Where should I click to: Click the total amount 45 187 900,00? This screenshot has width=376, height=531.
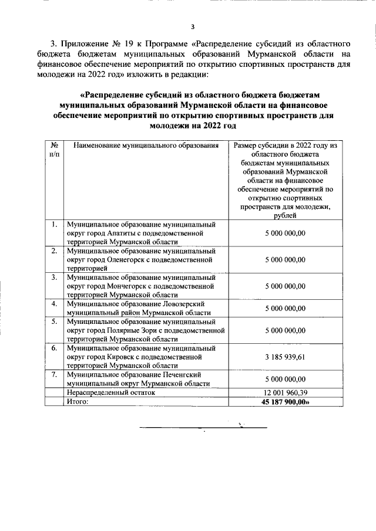coord(286,402)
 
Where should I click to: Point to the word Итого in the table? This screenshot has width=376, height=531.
coord(77,402)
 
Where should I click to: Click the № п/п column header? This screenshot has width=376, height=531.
coord(54,150)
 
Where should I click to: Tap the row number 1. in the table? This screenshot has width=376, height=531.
coord(54,224)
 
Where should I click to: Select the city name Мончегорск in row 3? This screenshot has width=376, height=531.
coord(130,286)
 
